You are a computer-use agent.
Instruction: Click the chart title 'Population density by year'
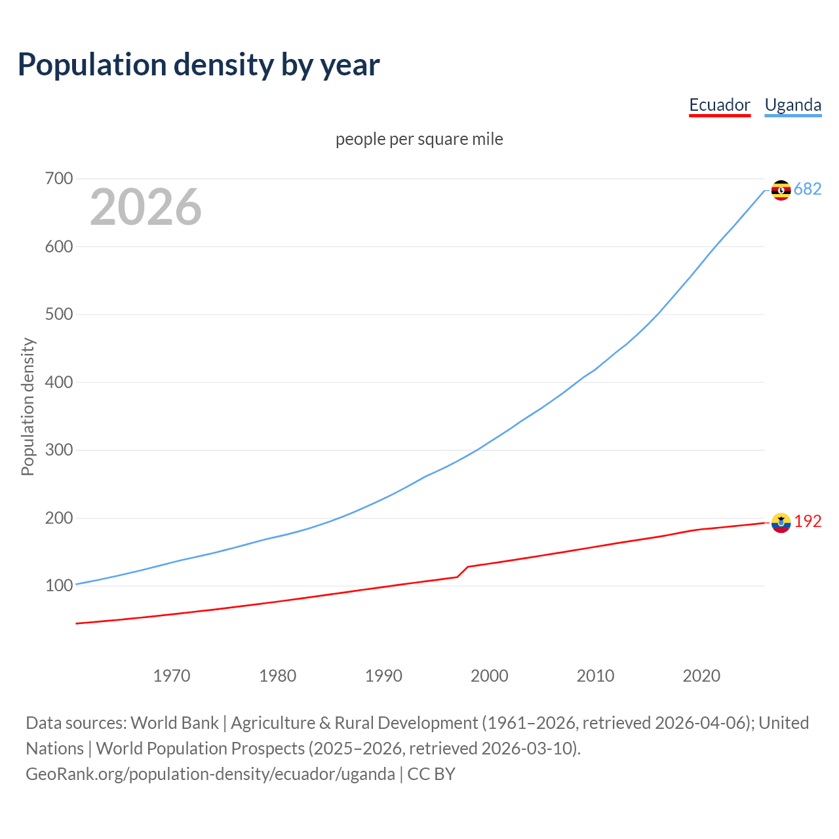(x=199, y=65)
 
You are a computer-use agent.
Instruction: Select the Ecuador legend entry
(x=719, y=105)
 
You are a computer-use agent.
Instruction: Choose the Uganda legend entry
(x=792, y=105)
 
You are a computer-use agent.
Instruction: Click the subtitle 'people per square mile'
(x=419, y=139)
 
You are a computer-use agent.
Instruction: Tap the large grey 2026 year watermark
(x=146, y=207)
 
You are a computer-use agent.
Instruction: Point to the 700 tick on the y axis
(x=59, y=178)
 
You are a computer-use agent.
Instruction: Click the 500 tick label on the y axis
(x=59, y=314)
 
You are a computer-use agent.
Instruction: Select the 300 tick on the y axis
(x=59, y=450)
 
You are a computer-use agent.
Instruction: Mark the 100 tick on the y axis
(x=59, y=585)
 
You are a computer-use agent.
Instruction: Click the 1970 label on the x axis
(x=172, y=676)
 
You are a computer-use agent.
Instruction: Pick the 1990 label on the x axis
(x=383, y=676)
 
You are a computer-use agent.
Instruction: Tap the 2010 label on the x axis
(x=595, y=676)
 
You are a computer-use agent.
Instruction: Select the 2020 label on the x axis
(x=701, y=676)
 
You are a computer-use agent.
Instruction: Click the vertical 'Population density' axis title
(x=28, y=406)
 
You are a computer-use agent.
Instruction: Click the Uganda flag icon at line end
(x=781, y=190)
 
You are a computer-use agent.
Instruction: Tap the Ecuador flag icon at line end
(x=781, y=522)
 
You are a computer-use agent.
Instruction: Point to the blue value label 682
(x=808, y=189)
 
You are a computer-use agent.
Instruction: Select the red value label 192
(x=808, y=521)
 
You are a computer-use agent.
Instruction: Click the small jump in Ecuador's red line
(x=463, y=572)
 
